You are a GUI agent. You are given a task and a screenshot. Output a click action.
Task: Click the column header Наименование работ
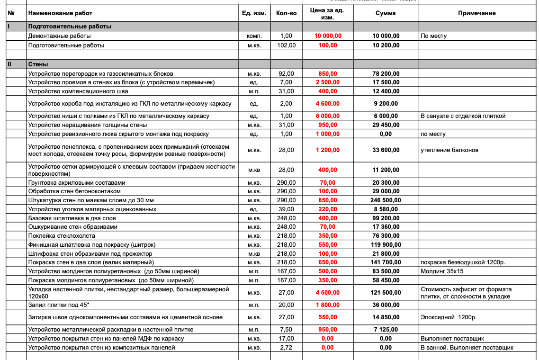point(60,13)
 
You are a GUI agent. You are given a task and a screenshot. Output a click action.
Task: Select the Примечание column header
point(476,13)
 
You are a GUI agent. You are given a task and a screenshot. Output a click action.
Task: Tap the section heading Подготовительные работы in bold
point(70,27)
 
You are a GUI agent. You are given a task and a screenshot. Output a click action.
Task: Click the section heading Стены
point(38,64)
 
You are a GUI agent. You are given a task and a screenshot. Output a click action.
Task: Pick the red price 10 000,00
point(328,36)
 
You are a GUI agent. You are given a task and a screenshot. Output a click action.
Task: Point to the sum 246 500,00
point(386,200)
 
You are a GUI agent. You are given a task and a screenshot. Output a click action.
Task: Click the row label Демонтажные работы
point(59,36)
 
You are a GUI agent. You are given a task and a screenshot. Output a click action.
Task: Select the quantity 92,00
point(287,74)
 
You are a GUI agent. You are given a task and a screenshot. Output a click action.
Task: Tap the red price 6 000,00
point(328,116)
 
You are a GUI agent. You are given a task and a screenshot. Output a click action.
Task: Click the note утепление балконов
point(449,150)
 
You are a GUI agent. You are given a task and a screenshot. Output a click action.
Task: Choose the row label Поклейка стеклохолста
point(62,236)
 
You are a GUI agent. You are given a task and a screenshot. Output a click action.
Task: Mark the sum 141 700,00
point(386,262)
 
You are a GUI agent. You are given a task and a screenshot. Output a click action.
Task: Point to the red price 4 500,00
point(328,293)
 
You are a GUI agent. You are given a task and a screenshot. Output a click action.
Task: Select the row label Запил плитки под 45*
point(59,305)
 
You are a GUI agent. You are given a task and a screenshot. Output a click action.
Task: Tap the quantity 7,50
point(287,330)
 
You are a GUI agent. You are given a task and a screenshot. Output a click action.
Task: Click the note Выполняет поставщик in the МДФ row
point(452,339)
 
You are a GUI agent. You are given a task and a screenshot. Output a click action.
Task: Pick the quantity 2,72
point(287,348)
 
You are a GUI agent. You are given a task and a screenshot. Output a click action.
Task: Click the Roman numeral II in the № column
point(9,64)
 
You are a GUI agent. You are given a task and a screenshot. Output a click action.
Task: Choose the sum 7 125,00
point(386,330)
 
